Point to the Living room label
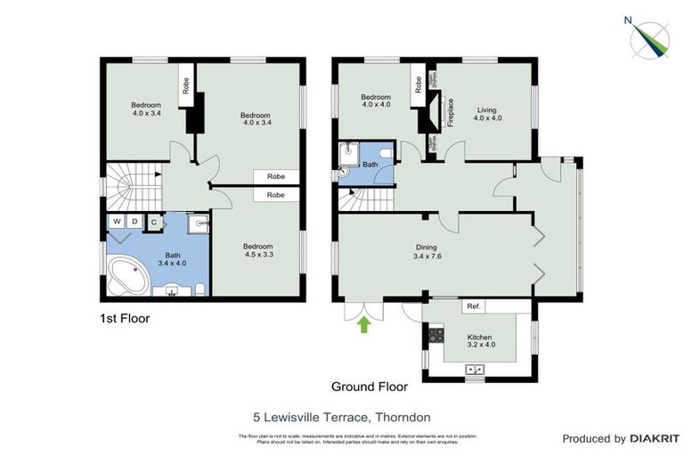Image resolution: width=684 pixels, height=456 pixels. click(487, 112)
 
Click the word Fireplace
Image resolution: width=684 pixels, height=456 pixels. click(451, 112)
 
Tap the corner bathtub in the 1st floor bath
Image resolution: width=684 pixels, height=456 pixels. click(129, 275)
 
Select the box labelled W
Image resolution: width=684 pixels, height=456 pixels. click(117, 222)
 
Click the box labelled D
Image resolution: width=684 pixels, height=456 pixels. click(134, 222)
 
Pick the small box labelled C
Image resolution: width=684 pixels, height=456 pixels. click(153, 223)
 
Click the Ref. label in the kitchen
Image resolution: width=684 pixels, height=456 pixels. click(474, 306)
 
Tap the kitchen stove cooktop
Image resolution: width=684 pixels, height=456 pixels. click(436, 336)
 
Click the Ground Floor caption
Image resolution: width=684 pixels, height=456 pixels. click(369, 387)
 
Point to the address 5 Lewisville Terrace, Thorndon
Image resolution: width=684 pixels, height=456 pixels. click(341, 415)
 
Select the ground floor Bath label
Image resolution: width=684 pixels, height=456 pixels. click(370, 165)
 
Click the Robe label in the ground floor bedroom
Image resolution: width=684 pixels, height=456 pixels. click(417, 85)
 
